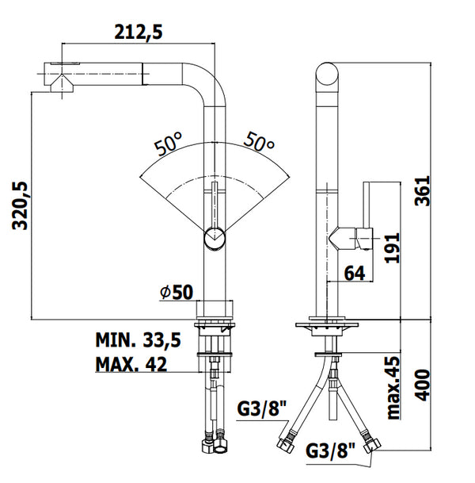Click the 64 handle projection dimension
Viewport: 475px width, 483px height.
tap(355, 273)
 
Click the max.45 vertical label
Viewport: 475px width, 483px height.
tap(393, 387)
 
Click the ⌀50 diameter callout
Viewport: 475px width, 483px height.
tap(177, 292)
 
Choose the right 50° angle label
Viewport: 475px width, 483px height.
tap(259, 142)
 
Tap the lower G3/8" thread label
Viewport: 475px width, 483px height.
tap(330, 450)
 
